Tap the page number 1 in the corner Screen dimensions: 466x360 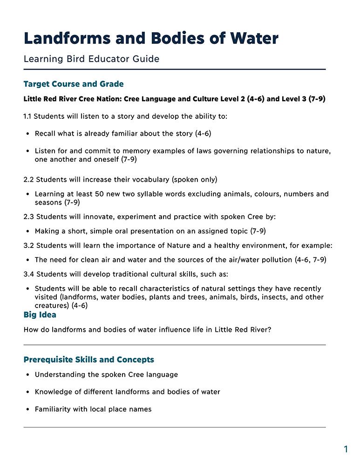pos(346,449)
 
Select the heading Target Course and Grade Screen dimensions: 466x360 pos(74,84)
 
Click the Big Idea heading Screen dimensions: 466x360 pos(40,315)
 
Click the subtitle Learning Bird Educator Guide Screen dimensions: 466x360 pos(91,59)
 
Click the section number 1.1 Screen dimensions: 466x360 pos(27,116)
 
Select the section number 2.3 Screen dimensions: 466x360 pos(28,217)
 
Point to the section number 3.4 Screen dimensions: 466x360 pos(28,274)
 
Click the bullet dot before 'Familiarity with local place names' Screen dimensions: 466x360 pos(28,410)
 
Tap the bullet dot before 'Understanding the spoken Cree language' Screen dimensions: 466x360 pos(28,375)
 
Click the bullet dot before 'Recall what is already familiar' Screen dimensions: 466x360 pos(28,134)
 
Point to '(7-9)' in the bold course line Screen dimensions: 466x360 pos(317,99)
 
